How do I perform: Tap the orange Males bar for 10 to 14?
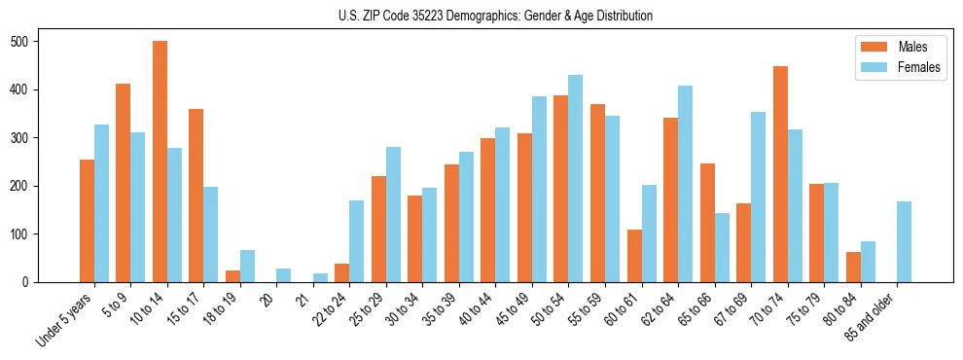click(x=160, y=162)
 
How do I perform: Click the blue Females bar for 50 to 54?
click(x=575, y=179)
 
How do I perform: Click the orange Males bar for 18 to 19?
click(x=232, y=276)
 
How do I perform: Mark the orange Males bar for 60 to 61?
click(x=634, y=256)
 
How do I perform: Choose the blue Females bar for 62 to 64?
click(x=685, y=184)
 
